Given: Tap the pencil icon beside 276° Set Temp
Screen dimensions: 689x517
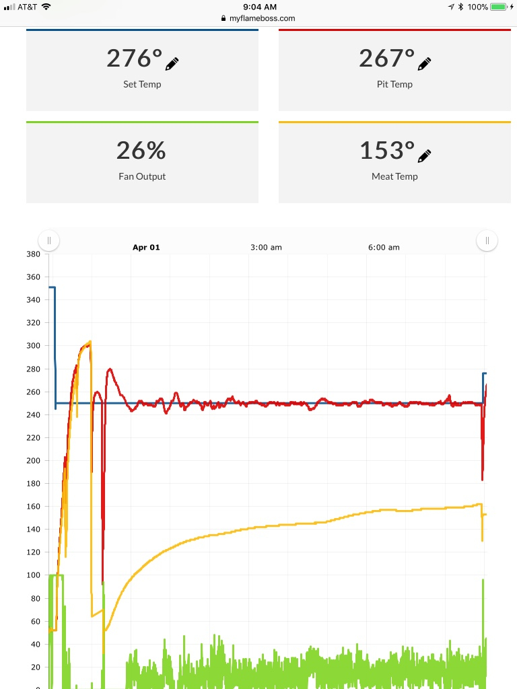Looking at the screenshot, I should pyautogui.click(x=172, y=64).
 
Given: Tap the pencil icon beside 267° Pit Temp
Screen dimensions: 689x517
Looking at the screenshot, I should pyautogui.click(x=424, y=64).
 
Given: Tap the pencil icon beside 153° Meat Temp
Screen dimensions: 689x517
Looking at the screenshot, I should pyautogui.click(x=424, y=156).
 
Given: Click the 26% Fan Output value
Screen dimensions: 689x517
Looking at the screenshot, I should pyautogui.click(x=141, y=150).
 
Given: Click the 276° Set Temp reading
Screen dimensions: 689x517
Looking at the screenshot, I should pyautogui.click(x=134, y=59).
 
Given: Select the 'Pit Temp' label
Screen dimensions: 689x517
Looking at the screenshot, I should pyautogui.click(x=394, y=84).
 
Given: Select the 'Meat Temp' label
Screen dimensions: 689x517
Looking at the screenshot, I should pyautogui.click(x=394, y=176).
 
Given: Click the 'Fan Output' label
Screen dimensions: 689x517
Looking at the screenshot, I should pyautogui.click(x=141, y=176).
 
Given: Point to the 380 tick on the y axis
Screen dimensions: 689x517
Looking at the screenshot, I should pyautogui.click(x=33, y=254).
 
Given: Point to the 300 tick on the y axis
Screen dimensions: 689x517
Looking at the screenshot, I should pyautogui.click(x=33, y=346).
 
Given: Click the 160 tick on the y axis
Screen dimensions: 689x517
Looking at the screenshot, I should pyautogui.click(x=33, y=506).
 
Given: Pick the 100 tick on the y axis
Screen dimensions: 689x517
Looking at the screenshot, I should pyautogui.click(x=33, y=575).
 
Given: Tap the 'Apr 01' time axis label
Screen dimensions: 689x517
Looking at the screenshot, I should pyautogui.click(x=146, y=248).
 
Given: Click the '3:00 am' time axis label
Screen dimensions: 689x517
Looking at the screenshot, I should pyautogui.click(x=266, y=248).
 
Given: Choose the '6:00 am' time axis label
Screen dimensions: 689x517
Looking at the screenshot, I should pyautogui.click(x=384, y=248).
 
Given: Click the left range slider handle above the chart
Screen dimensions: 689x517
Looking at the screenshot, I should pyautogui.click(x=49, y=240).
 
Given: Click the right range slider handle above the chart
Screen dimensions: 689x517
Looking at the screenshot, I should pyautogui.click(x=487, y=240).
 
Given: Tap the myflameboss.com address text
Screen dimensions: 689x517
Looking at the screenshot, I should pyautogui.click(x=262, y=19).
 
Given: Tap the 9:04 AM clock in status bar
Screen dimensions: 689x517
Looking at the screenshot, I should pyautogui.click(x=259, y=7).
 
